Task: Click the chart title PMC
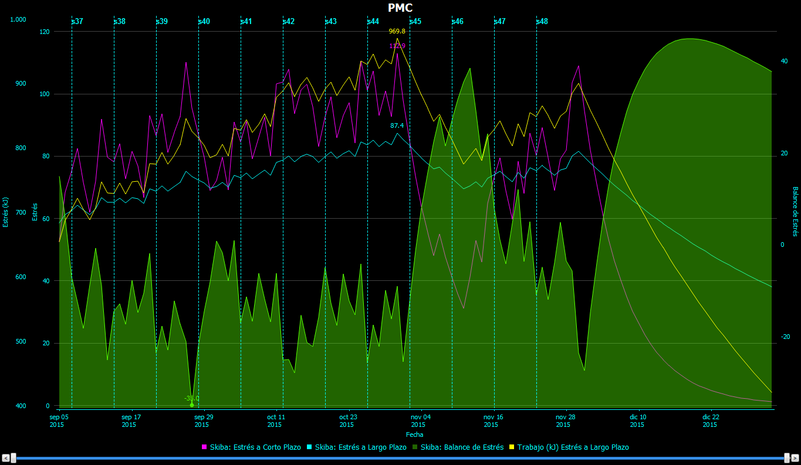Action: coord(400,8)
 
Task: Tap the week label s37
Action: coord(77,21)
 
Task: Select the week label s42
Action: coord(288,21)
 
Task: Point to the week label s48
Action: coord(542,21)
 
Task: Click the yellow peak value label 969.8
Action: coord(397,31)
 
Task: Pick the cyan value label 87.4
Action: coord(397,125)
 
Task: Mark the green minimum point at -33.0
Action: coord(192,405)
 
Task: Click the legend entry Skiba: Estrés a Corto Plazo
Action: coord(251,447)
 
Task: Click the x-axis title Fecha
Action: coord(414,435)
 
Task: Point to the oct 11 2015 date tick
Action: coord(276,420)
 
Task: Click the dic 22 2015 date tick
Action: coord(711,420)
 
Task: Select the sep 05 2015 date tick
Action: coord(59,420)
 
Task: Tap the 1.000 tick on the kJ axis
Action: coord(18,19)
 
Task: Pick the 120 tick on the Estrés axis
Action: coord(44,32)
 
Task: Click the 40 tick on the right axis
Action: coord(783,61)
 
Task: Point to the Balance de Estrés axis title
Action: coord(795,212)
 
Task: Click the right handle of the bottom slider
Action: coord(787,458)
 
